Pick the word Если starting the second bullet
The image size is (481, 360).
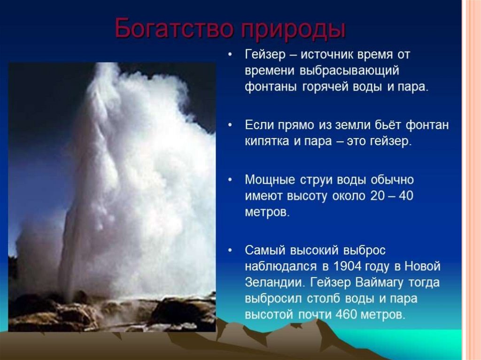(x=259, y=125)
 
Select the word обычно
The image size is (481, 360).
(x=392, y=180)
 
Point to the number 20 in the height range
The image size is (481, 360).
(x=377, y=196)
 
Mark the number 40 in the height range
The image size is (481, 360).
(x=405, y=196)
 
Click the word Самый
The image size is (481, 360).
(x=265, y=251)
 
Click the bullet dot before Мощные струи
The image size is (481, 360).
(x=230, y=180)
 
